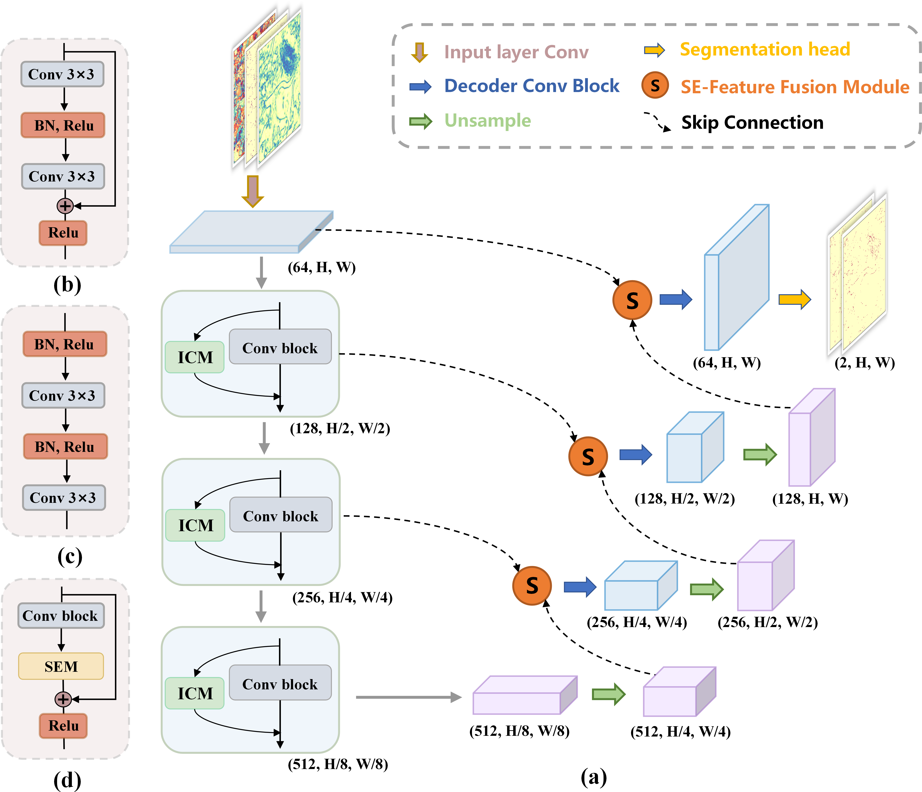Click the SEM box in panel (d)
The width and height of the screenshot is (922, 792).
[x=61, y=666]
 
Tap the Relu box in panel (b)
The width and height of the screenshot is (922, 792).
[x=63, y=233]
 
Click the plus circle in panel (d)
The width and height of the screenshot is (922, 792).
[x=63, y=699]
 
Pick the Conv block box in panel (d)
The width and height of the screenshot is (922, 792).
[x=61, y=616]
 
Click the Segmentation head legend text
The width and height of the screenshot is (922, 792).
[x=765, y=49]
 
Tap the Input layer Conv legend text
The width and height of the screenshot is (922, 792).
[x=516, y=52]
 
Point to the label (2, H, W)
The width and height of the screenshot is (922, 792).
[x=864, y=363]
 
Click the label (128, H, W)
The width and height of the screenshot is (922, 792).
[x=810, y=499]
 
